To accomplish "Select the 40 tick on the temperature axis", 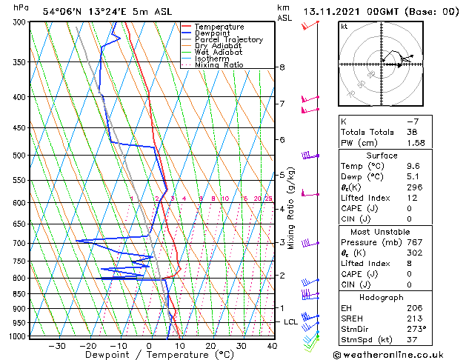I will click(x=272, y=345).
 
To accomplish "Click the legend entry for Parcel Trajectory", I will click(x=228, y=39).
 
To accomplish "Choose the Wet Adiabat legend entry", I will click(x=218, y=53).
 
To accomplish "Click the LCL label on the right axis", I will click(x=290, y=322).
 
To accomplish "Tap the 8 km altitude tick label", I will click(x=282, y=67).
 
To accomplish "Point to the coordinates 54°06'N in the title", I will click(x=64, y=12).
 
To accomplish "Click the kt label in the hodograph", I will click(x=344, y=27).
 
